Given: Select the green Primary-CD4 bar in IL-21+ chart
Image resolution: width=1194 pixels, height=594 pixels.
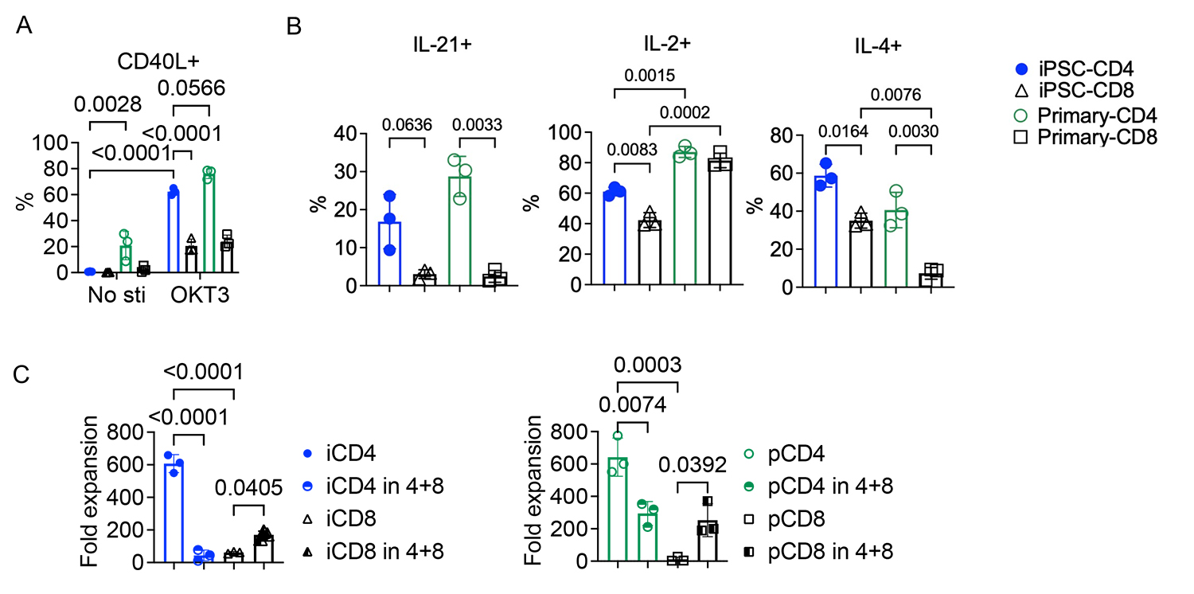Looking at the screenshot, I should tap(459, 232).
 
